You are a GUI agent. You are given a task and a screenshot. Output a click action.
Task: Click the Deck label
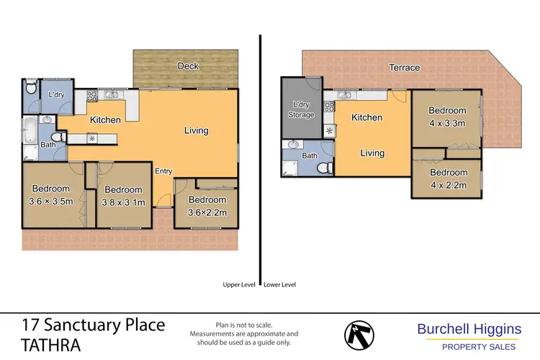(188, 66)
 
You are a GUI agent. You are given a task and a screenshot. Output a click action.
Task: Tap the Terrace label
(405, 68)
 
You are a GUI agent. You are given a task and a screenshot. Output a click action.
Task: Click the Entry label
(163, 171)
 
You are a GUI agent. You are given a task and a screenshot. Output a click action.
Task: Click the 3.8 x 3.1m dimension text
(124, 202)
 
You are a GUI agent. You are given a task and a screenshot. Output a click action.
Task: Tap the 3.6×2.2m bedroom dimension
(207, 212)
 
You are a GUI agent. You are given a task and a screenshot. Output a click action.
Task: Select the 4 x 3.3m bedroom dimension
(447, 123)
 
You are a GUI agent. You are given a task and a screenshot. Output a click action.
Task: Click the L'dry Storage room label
(302, 110)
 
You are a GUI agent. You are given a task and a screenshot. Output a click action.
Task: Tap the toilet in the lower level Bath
(323, 167)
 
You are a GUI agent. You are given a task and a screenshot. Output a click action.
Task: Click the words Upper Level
(239, 284)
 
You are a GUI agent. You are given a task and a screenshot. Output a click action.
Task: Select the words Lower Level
(280, 284)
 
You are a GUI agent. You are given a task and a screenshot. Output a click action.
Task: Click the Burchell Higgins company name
(469, 329)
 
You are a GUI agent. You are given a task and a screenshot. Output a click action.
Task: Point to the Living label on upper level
(196, 130)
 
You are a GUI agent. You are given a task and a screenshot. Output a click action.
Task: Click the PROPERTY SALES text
(469, 348)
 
